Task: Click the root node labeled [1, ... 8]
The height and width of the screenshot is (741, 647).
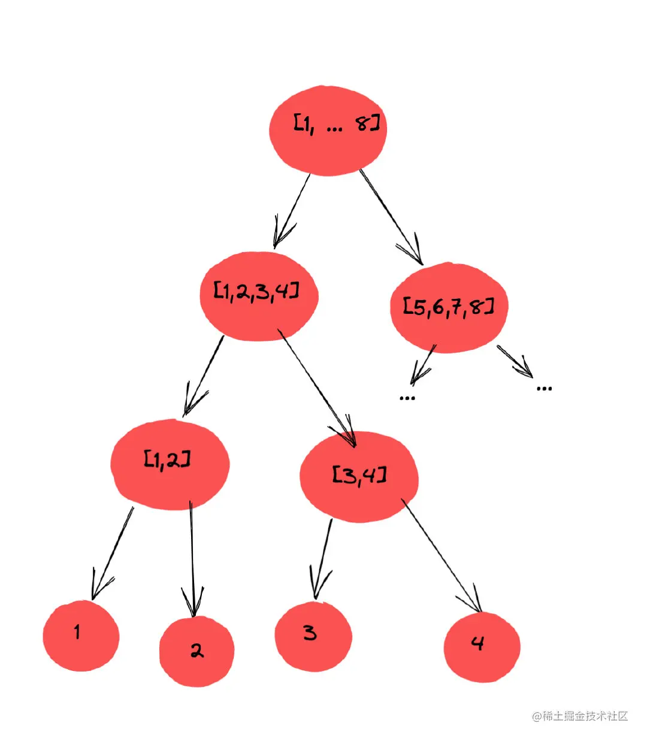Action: [x=328, y=131]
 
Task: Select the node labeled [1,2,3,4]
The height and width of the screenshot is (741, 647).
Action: [x=259, y=296]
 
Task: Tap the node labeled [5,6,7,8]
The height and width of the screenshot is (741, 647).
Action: [x=449, y=307]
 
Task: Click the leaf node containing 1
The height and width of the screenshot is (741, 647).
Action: [x=81, y=636]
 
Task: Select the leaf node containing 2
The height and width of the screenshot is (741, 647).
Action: [x=196, y=651]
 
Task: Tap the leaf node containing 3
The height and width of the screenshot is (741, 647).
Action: [x=313, y=636]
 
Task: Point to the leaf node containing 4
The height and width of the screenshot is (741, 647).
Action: [x=482, y=647]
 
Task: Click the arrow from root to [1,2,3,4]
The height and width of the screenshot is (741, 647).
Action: [x=292, y=210]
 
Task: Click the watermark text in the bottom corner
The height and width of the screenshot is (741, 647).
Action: [x=580, y=716]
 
